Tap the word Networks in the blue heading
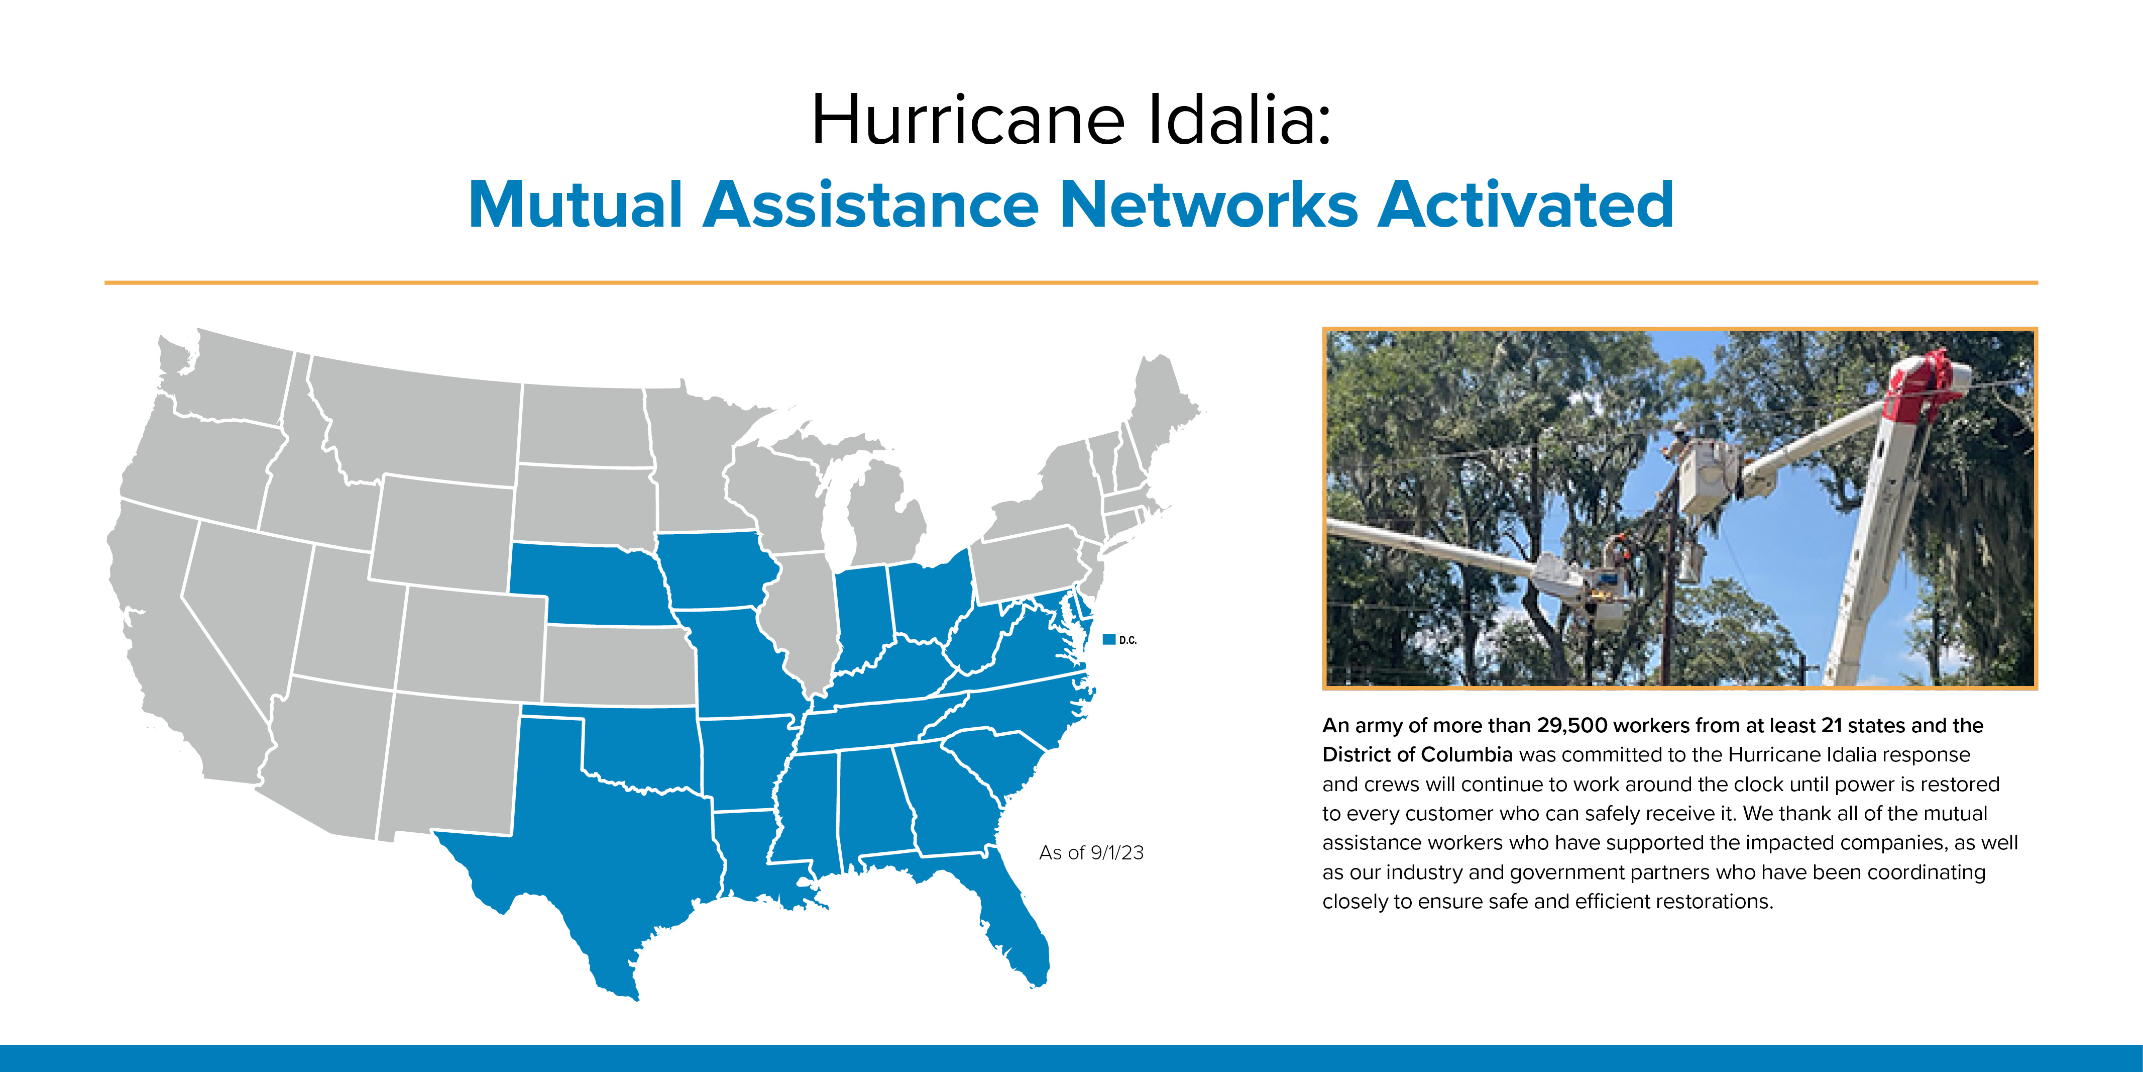click(x=1209, y=204)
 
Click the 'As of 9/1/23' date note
click(x=1091, y=852)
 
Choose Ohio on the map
click(x=928, y=599)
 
